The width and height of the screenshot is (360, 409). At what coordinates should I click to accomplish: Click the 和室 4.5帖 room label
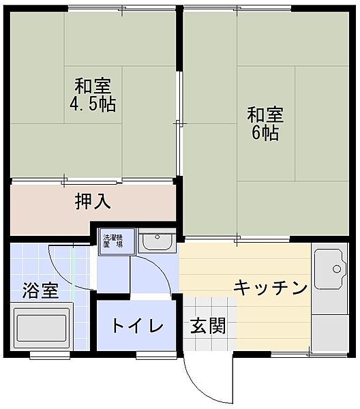point(93,95)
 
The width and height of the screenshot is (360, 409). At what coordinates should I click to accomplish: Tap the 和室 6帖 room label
point(265,123)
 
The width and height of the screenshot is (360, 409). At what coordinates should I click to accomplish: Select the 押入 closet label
point(93,202)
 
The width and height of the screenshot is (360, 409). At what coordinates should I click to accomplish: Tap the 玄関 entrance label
point(207,326)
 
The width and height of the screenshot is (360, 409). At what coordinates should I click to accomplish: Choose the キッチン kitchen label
point(270,288)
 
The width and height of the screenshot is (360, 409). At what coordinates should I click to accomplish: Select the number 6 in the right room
point(257,132)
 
